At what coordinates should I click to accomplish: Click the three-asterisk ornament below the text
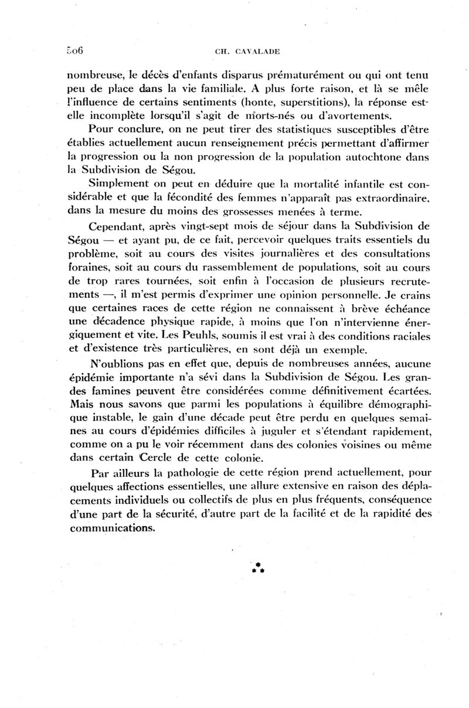[257, 567]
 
